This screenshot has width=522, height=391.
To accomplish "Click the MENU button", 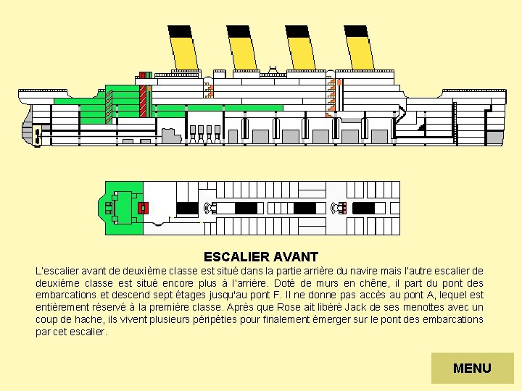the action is [472, 368].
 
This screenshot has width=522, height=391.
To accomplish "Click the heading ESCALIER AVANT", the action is [261, 257].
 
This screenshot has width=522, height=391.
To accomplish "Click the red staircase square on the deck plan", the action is [143, 208].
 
